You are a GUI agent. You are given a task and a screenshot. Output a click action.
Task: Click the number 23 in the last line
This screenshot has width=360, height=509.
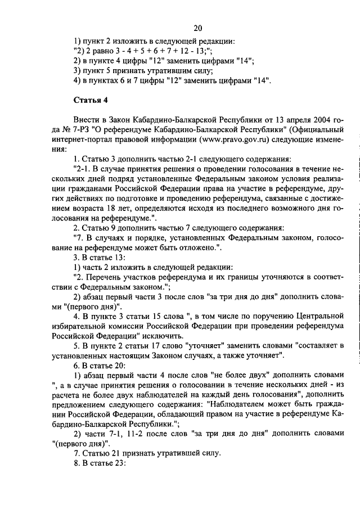(121, 465)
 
